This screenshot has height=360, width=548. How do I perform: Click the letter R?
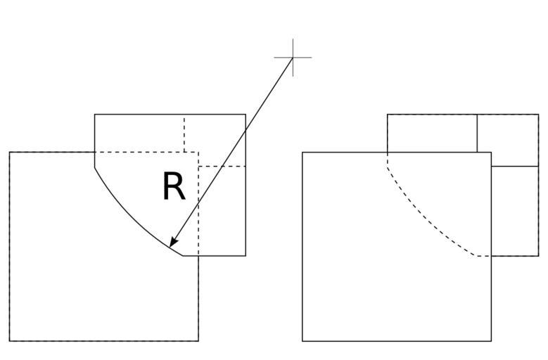coord(173,187)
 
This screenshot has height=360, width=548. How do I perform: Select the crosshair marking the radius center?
coord(292,57)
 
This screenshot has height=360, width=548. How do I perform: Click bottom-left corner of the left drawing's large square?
coord(10,341)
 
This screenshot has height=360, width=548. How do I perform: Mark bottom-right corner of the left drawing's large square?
coord(198,341)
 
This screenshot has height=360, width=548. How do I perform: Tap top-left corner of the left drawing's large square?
coord(10,152)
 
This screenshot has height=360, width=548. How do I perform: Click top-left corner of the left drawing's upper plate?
coord(95,114)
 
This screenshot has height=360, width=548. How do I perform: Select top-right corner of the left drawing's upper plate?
coord(246,114)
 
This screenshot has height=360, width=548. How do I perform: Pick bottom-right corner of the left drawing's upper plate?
coord(246,255)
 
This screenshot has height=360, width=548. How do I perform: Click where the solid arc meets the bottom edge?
coord(183,255)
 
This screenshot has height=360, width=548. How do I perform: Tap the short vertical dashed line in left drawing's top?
coord(184,133)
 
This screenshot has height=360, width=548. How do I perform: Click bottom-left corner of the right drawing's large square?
coord(302,341)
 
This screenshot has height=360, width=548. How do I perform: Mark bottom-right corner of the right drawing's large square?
coord(491,341)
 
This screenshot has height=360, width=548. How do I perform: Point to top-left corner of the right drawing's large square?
coord(302,152)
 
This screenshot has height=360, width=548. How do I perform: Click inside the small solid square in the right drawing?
coord(508,140)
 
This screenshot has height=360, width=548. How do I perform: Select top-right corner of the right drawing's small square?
coord(538,114)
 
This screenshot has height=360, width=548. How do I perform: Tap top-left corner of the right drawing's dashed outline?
coord(388,114)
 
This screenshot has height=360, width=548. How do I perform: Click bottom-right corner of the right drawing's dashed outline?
coord(538,255)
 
